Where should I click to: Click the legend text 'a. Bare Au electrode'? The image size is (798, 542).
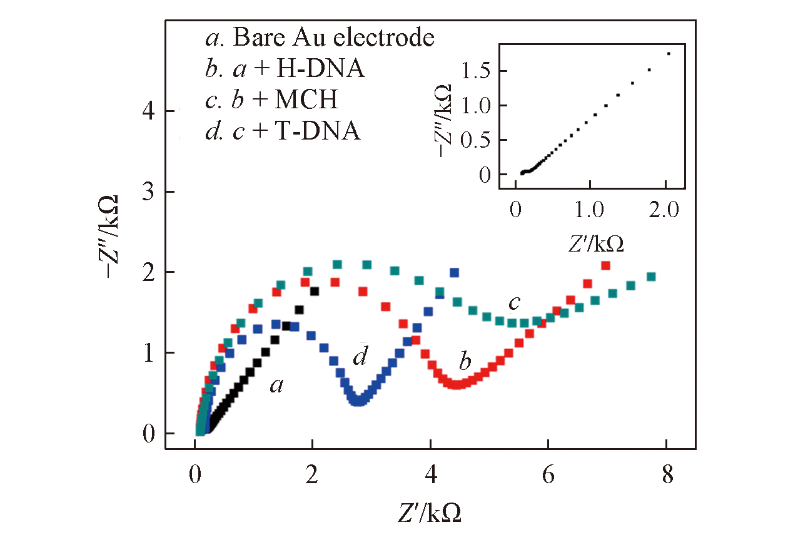coord(319,38)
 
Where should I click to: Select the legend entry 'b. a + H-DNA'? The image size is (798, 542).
coord(285,69)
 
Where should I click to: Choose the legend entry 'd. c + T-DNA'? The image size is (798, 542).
coord(283,131)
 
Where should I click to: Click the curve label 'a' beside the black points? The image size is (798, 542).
coord(276,386)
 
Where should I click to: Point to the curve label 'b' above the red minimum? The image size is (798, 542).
coord(465,362)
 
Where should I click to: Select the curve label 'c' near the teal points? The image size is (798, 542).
coord(514,303)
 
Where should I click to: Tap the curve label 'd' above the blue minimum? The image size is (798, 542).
coord(359,357)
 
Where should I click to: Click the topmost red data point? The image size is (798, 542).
coord(605,265)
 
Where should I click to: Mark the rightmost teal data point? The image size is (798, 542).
coord(651,277)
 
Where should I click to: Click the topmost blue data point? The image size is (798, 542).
coord(454,272)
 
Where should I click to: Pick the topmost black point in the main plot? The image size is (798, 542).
coord(315,290)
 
